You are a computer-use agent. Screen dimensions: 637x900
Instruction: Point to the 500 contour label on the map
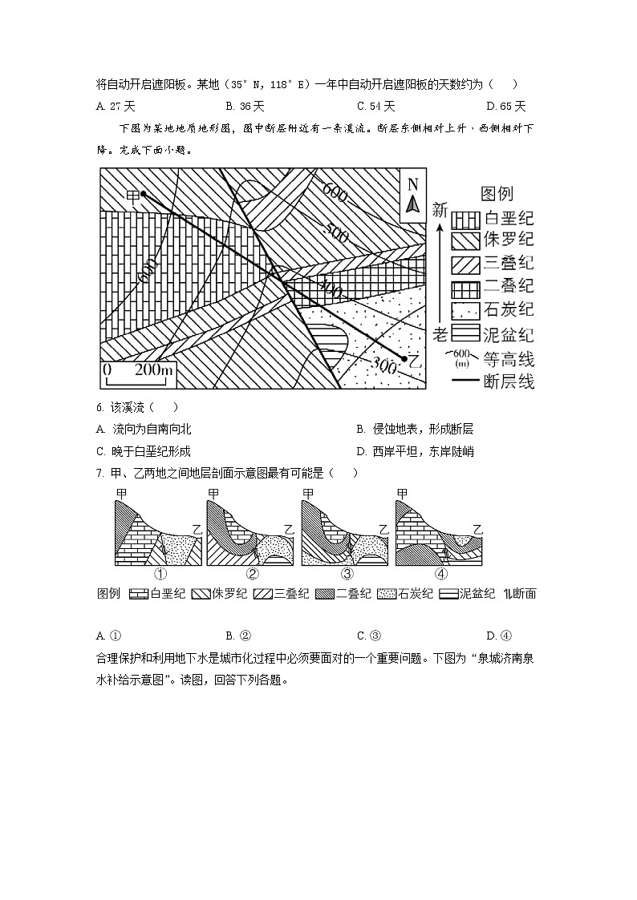coord(335,233)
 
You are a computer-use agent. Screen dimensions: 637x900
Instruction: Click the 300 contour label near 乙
coord(385,365)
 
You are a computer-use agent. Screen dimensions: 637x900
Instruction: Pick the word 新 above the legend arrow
coord(439,210)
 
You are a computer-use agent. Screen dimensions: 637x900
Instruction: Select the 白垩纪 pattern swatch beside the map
coord(465,219)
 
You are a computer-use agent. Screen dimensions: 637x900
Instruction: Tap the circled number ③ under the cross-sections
coord(347,574)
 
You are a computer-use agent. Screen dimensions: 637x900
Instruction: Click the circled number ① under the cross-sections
coord(160,574)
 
